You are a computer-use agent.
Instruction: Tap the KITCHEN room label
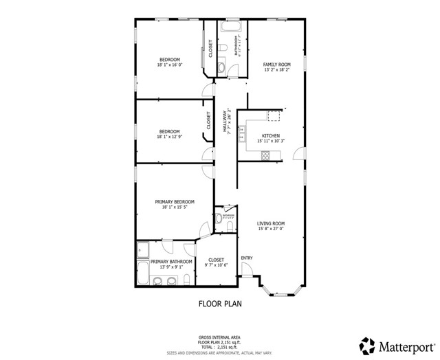point(270,136)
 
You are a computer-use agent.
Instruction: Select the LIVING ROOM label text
point(271,223)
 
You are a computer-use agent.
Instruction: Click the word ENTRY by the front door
point(247,258)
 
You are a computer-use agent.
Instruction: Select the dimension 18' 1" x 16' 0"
point(170,65)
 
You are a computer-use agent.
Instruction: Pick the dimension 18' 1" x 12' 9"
point(169,137)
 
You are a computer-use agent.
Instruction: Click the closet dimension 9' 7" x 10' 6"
point(216,265)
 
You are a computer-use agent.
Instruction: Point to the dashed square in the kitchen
point(275,115)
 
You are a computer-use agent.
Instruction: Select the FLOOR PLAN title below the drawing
point(219,302)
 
